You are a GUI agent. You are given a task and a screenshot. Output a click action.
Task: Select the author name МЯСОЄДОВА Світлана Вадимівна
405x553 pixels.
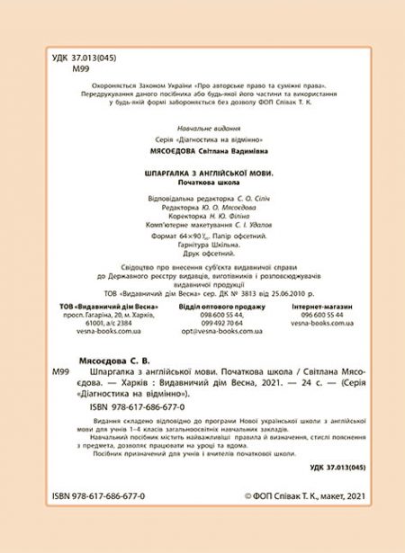click(202, 153)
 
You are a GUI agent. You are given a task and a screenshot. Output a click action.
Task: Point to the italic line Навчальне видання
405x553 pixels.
click(202, 129)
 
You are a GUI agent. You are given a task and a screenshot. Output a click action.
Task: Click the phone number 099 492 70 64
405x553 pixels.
click(202, 322)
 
